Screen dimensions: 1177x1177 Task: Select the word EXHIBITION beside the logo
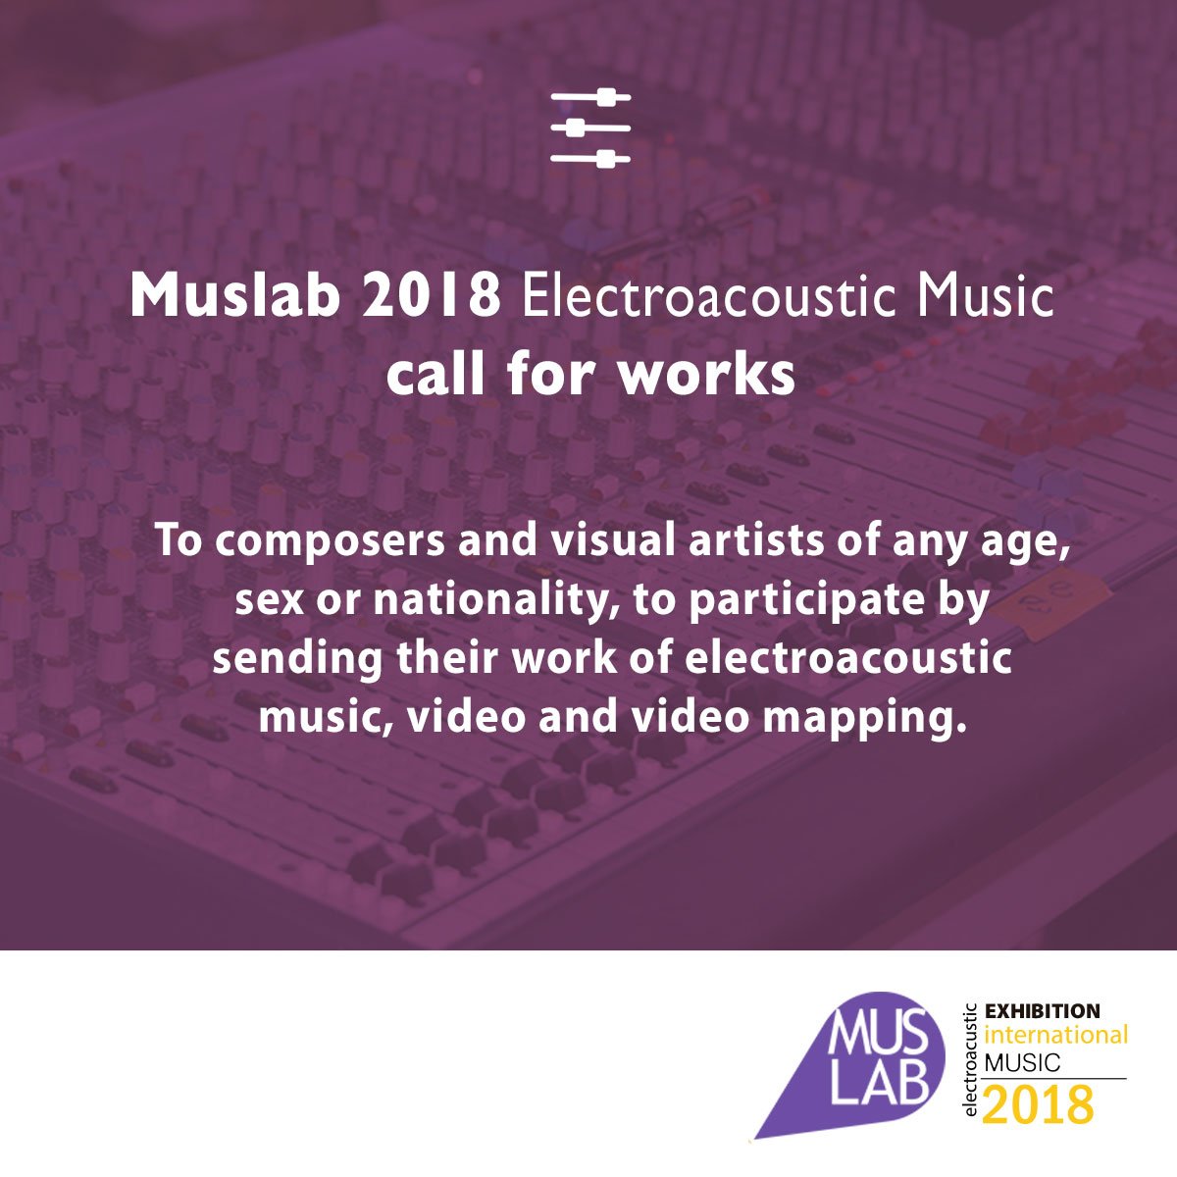(x=1042, y=1011)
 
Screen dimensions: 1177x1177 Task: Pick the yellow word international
(x=1055, y=1036)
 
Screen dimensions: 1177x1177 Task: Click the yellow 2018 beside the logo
(x=1038, y=1104)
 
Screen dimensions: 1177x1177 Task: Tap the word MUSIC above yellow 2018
(x=1022, y=1062)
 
